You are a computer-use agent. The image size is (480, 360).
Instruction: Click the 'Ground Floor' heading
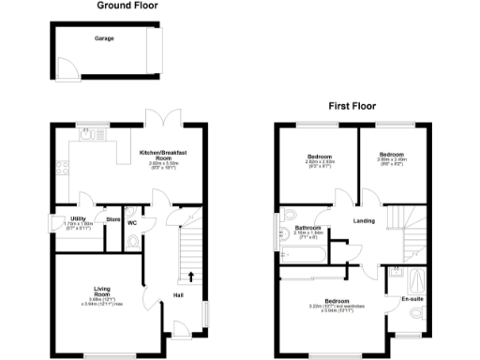[127, 6]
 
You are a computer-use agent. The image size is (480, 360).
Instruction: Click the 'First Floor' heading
[352, 106]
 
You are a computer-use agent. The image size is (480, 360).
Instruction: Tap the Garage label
[103, 40]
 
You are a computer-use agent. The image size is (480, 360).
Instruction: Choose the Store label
[112, 220]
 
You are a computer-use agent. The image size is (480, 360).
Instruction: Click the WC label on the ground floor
[132, 223]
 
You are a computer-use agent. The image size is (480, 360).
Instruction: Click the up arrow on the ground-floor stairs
[192, 276]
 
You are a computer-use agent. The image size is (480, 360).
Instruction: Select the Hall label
[178, 296]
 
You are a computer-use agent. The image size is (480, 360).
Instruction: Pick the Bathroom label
[308, 228]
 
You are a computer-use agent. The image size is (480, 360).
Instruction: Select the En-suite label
[412, 299]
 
